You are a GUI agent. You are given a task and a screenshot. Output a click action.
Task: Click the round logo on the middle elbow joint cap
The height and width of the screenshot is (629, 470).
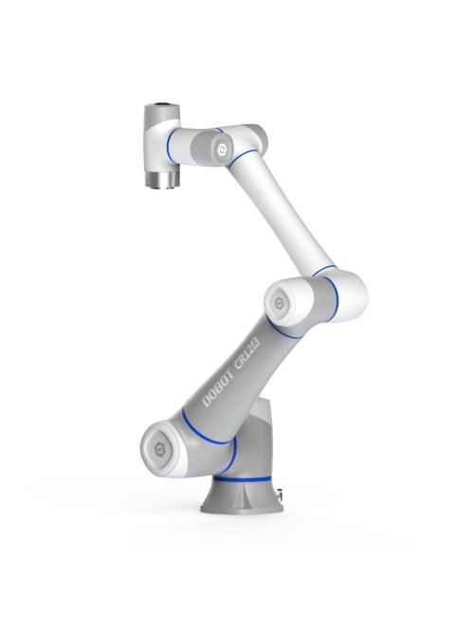pyautogui.click(x=280, y=299)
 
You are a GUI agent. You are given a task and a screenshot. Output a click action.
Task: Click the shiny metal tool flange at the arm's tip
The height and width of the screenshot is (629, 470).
pyautogui.click(x=157, y=177)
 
